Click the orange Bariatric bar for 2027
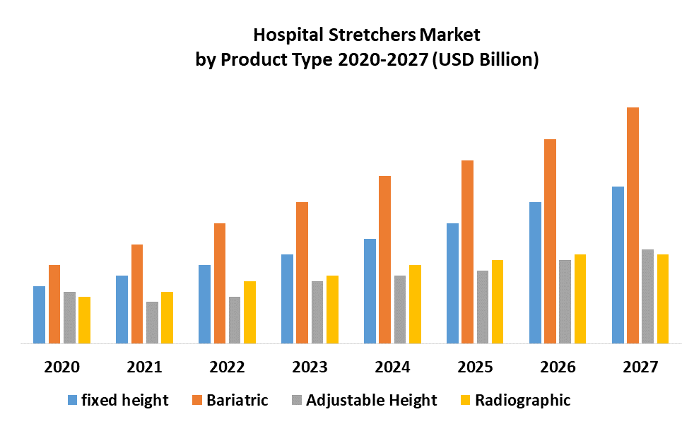tap(633, 225)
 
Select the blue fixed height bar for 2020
tap(39, 315)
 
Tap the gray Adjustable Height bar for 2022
tap(235, 320)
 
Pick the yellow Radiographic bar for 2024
tap(415, 305)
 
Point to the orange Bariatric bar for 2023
tap(302, 273)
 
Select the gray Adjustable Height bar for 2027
tap(647, 297)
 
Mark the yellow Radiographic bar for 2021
tap(167, 318)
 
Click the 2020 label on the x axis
tap(61, 367)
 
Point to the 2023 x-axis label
tap(310, 367)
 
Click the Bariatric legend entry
tap(237, 401)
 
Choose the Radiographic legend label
tap(522, 401)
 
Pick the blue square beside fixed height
tap(72, 401)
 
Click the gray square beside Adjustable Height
tap(298, 401)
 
